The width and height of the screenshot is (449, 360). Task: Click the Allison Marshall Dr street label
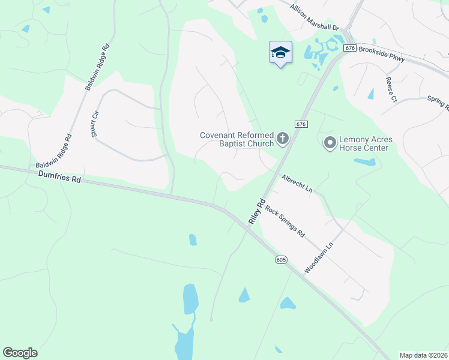(315, 18)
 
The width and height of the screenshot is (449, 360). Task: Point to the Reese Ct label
(393, 88)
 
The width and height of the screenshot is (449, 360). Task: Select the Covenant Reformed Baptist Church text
(237, 139)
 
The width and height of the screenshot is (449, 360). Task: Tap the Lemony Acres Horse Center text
(364, 143)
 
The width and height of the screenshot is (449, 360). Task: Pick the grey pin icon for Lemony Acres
(330, 143)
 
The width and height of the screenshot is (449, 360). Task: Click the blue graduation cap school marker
(280, 53)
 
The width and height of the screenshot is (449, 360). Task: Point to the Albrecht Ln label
(297, 182)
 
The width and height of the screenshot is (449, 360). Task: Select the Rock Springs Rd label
(286, 222)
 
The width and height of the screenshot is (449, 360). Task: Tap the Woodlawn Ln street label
(318, 258)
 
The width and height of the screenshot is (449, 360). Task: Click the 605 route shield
(282, 260)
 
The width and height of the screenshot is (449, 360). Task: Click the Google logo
(20, 353)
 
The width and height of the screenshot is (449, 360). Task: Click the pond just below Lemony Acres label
(364, 161)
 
